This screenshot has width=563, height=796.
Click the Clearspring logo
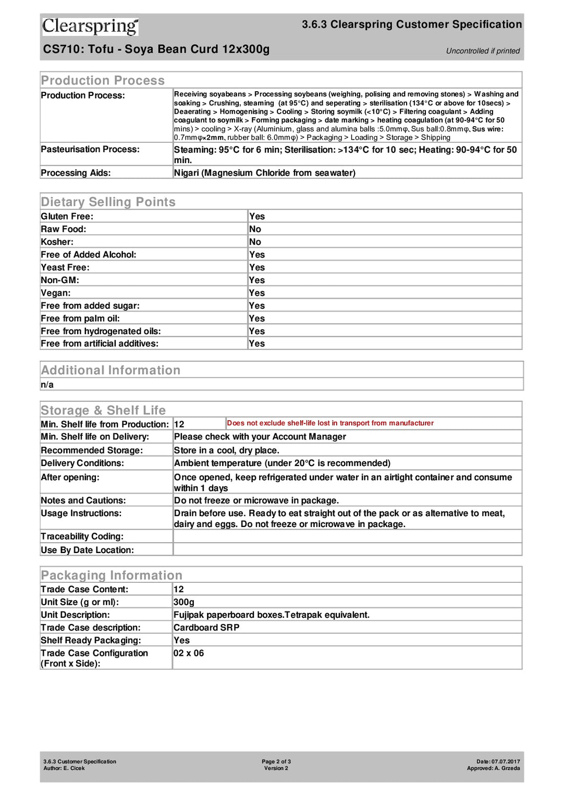click(90, 26)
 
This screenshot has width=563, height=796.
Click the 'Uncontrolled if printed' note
click(483, 51)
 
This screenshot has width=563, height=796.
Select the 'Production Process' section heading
click(103, 80)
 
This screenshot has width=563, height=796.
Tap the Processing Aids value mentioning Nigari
click(264, 173)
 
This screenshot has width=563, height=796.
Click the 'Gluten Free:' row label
click(67, 216)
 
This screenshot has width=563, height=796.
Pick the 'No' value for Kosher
click(255, 242)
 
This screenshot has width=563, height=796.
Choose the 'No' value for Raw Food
click(255, 229)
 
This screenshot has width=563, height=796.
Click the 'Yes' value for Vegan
click(256, 293)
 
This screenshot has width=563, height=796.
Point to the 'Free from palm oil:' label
click(80, 319)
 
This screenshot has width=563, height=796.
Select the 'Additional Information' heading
click(111, 370)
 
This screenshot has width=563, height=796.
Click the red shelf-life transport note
click(330, 423)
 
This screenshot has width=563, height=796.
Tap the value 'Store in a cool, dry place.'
click(227, 450)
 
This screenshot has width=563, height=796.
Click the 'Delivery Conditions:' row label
click(82, 463)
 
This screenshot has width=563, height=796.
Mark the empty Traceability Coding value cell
click(347, 536)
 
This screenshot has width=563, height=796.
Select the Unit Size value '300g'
click(183, 602)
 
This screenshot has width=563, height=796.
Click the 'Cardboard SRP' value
click(206, 628)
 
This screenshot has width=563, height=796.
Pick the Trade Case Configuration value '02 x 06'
click(189, 653)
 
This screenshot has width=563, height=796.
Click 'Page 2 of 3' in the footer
click(276, 762)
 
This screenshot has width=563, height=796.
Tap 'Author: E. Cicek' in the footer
click(64, 768)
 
